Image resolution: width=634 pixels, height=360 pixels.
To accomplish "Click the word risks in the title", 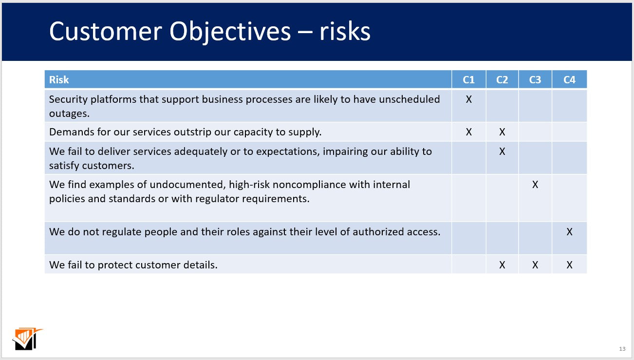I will [345, 31].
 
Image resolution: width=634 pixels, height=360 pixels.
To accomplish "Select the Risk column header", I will [59, 80].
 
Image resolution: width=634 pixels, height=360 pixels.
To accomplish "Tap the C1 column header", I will [468, 80].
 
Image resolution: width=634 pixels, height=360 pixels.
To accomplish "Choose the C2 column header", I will [502, 80].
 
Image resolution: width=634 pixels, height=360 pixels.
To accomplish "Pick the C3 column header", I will [535, 80].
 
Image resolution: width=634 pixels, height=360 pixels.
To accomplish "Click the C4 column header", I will [569, 80].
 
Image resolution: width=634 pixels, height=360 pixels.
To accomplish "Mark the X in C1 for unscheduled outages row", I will [468, 99].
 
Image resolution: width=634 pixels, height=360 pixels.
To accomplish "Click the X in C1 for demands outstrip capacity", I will [468, 132].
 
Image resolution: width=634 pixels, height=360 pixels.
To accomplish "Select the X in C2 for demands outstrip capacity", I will [502, 132].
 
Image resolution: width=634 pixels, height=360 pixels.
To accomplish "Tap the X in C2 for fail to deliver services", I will [502, 152].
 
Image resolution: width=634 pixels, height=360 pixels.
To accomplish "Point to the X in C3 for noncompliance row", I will [535, 185].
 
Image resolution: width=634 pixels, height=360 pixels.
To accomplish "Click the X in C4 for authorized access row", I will [569, 232].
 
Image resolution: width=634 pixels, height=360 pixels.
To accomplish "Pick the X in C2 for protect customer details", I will [502, 265].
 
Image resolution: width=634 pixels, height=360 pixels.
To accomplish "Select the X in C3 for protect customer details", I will [535, 265].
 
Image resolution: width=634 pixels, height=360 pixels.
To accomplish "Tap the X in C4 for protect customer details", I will [569, 265].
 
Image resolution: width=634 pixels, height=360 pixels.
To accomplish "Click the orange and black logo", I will [27, 339].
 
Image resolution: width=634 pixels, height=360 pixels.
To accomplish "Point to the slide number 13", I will [622, 349].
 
